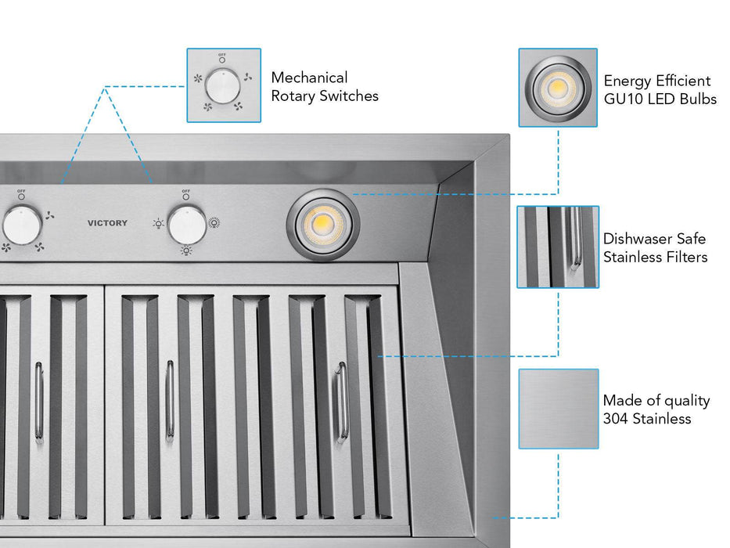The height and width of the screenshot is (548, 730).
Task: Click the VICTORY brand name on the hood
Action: coord(107,223)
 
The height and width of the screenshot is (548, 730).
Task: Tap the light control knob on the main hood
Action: coord(187,225)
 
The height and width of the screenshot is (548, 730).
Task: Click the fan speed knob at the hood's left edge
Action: coord(20,225)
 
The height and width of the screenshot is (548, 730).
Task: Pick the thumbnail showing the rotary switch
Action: coord(224,85)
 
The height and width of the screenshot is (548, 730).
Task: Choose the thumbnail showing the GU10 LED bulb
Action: coord(557,88)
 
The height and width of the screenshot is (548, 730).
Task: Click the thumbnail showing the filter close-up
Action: coord(557,247)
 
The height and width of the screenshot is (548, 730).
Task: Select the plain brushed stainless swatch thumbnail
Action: coord(558,409)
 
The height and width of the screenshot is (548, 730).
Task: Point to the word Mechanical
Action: coord(309,78)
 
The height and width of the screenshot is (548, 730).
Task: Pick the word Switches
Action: coord(350,96)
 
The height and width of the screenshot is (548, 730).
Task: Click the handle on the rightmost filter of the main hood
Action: coord(340,402)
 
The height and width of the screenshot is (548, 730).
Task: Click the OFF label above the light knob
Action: coord(185,191)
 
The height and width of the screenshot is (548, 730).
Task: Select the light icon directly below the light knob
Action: coord(186,251)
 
